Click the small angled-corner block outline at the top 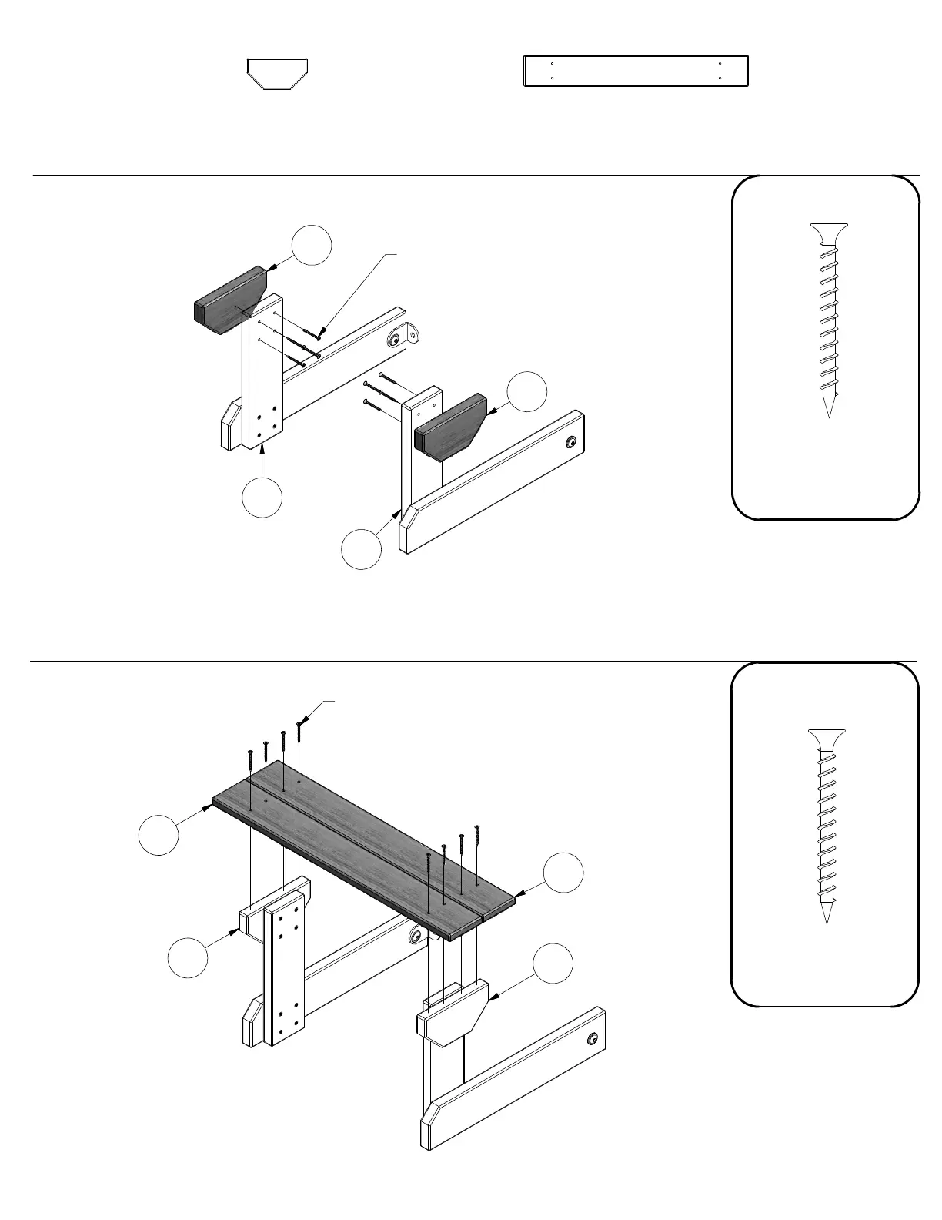point(278,74)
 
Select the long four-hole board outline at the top point(636,71)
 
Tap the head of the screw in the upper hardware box point(829,229)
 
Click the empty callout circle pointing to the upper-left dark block point(312,245)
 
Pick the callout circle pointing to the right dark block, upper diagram point(527,391)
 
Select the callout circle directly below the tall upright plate point(262,498)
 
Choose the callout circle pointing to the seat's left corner point(159,834)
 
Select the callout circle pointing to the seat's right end point(563,873)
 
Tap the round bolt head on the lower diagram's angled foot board point(592,1039)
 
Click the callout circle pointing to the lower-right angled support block point(554,963)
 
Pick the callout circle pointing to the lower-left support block point(188,958)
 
